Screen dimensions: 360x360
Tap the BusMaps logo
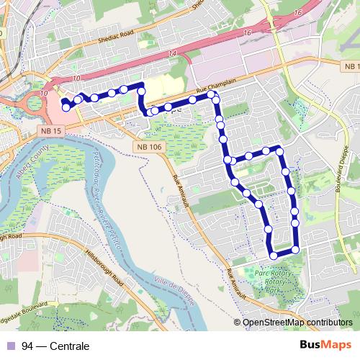(325, 345)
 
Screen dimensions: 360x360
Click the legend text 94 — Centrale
(55, 346)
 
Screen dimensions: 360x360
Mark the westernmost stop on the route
(66, 107)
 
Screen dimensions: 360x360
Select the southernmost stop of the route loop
(273, 255)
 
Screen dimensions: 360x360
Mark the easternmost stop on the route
(295, 250)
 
